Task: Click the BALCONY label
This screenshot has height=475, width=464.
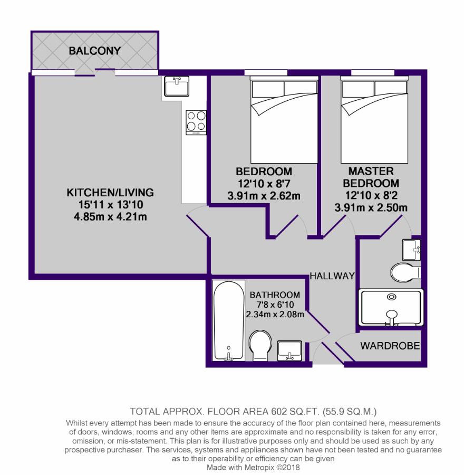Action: pyautogui.click(x=95, y=51)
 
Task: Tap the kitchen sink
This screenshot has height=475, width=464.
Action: pyautogui.click(x=177, y=86)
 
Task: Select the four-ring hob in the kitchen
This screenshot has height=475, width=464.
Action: pyautogui.click(x=196, y=122)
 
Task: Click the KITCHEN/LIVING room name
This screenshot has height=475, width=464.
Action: pyautogui.click(x=110, y=193)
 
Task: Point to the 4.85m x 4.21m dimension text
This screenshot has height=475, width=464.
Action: pyautogui.click(x=110, y=217)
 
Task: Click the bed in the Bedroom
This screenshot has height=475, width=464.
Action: pyautogui.click(x=284, y=119)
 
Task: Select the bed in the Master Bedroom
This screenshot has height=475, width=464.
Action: pyautogui.click(x=374, y=119)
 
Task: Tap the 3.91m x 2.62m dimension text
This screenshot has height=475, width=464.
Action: pyautogui.click(x=264, y=196)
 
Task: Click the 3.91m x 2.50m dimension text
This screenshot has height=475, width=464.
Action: pyautogui.click(x=371, y=208)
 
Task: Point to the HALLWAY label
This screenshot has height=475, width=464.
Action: pyautogui.click(x=332, y=275)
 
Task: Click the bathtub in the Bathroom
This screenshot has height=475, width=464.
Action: pyautogui.click(x=228, y=320)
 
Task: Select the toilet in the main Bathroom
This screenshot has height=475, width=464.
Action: pyautogui.click(x=260, y=345)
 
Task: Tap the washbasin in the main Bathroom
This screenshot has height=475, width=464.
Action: pyautogui.click(x=289, y=351)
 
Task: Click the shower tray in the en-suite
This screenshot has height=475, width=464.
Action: pyautogui.click(x=391, y=308)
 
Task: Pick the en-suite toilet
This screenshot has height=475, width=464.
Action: pyautogui.click(x=405, y=272)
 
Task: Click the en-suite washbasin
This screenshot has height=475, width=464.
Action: pyautogui.click(x=411, y=250)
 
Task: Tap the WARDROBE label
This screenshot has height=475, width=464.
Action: pyautogui.click(x=390, y=346)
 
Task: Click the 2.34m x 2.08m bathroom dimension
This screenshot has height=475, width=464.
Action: pyautogui.click(x=275, y=315)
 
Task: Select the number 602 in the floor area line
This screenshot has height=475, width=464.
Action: pyautogui.click(x=279, y=411)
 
